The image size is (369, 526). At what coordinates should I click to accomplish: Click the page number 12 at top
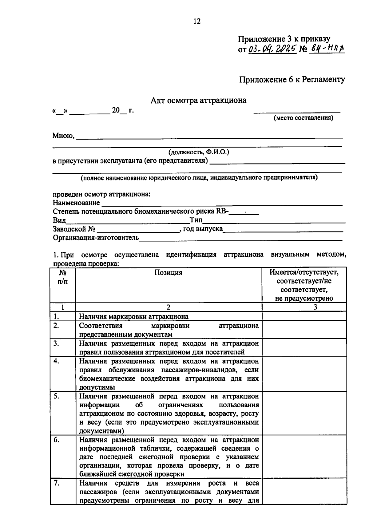197,21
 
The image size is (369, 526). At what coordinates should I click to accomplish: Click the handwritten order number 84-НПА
327,48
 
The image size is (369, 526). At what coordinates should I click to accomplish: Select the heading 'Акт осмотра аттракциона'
198,101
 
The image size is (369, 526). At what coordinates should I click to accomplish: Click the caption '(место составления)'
303,118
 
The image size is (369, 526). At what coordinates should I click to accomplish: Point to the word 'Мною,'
64,135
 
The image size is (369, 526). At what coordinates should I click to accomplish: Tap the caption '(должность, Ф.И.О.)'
198,152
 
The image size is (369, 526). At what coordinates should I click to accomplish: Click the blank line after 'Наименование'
221,203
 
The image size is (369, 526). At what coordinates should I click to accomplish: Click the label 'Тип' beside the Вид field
196,220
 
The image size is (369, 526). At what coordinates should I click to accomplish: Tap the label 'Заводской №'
74,229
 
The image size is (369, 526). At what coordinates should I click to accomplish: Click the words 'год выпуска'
203,229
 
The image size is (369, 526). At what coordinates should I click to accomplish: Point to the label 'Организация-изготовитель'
96,238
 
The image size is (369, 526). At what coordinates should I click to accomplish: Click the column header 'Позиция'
168,273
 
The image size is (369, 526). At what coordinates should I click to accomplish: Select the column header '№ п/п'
63,277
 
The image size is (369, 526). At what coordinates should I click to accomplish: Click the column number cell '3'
315,307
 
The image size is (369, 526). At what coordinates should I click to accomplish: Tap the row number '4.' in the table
56,361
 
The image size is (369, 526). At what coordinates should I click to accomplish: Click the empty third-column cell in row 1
304,316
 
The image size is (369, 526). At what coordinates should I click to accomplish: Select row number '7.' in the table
56,483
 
